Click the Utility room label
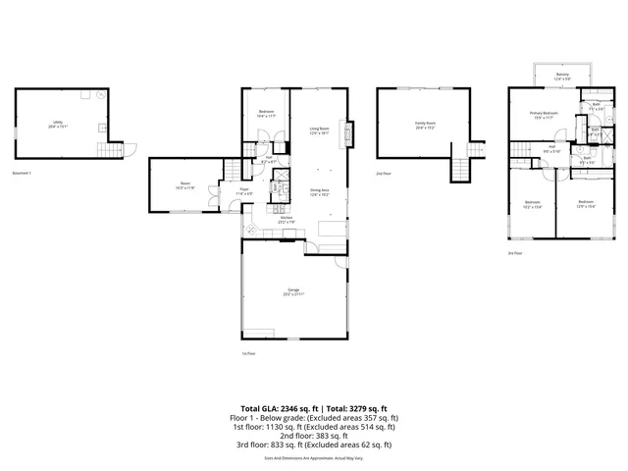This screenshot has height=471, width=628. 60,125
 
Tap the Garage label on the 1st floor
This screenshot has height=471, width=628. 293,292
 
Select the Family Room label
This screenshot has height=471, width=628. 424,126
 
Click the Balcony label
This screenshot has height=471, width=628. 562,76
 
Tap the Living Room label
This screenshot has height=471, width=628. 319,131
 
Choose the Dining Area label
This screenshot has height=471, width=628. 319,192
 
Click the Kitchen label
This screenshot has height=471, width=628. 288,220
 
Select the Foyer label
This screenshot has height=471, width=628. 244,193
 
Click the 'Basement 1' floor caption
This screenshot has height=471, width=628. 23,173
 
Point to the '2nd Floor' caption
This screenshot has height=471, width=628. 384,173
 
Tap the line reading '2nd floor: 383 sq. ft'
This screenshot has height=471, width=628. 314,436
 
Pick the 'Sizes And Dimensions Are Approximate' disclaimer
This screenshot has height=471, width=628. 314,457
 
